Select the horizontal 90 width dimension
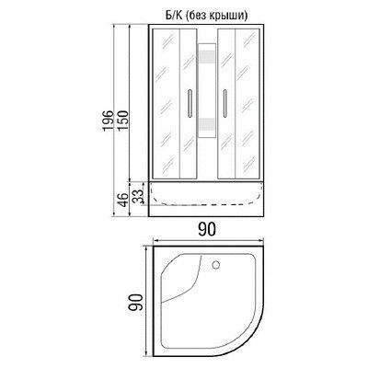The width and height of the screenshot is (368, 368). (x=206, y=230)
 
